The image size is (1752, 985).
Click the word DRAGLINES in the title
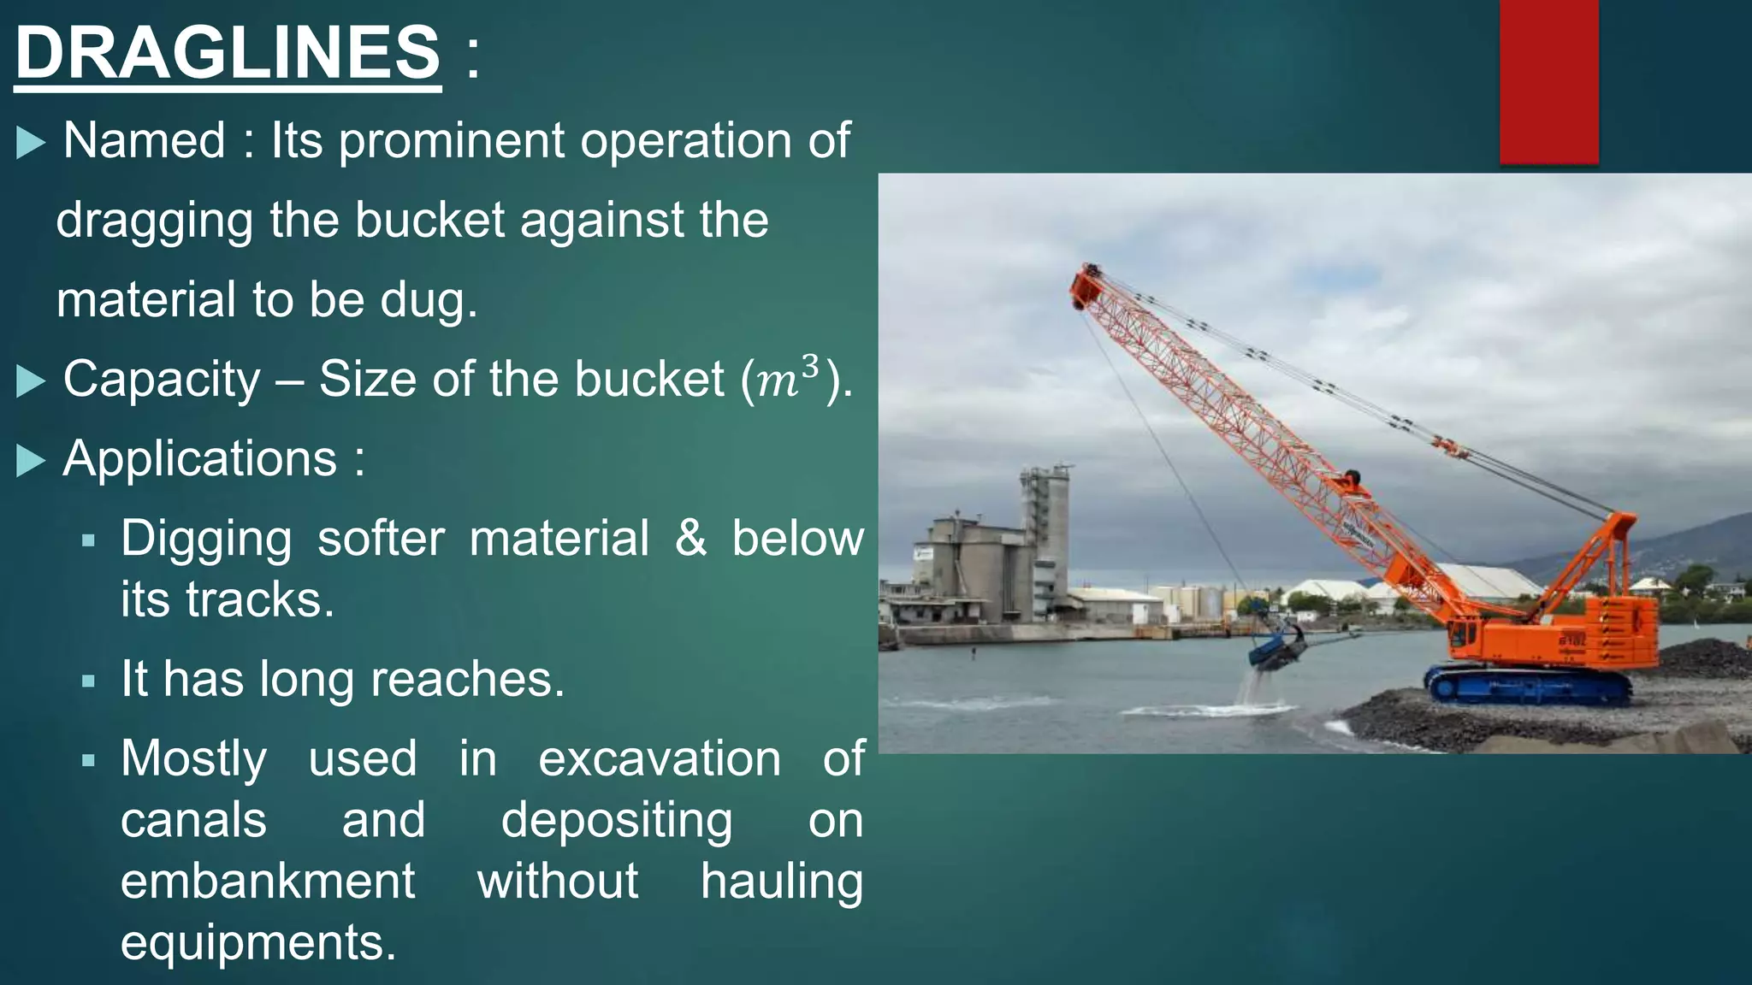point(228,53)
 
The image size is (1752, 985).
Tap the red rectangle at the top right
point(1548,81)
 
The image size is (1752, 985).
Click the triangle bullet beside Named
point(31,142)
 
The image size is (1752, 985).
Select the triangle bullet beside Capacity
point(31,380)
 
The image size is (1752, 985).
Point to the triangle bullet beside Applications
point(31,461)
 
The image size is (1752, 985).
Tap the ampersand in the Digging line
point(691,539)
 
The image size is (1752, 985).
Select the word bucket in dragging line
point(429,221)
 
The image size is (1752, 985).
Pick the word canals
point(193,820)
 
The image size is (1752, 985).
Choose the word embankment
point(268,882)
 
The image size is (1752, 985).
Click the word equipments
point(258,942)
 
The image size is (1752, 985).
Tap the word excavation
point(660,758)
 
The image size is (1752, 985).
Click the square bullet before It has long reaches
point(88,681)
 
